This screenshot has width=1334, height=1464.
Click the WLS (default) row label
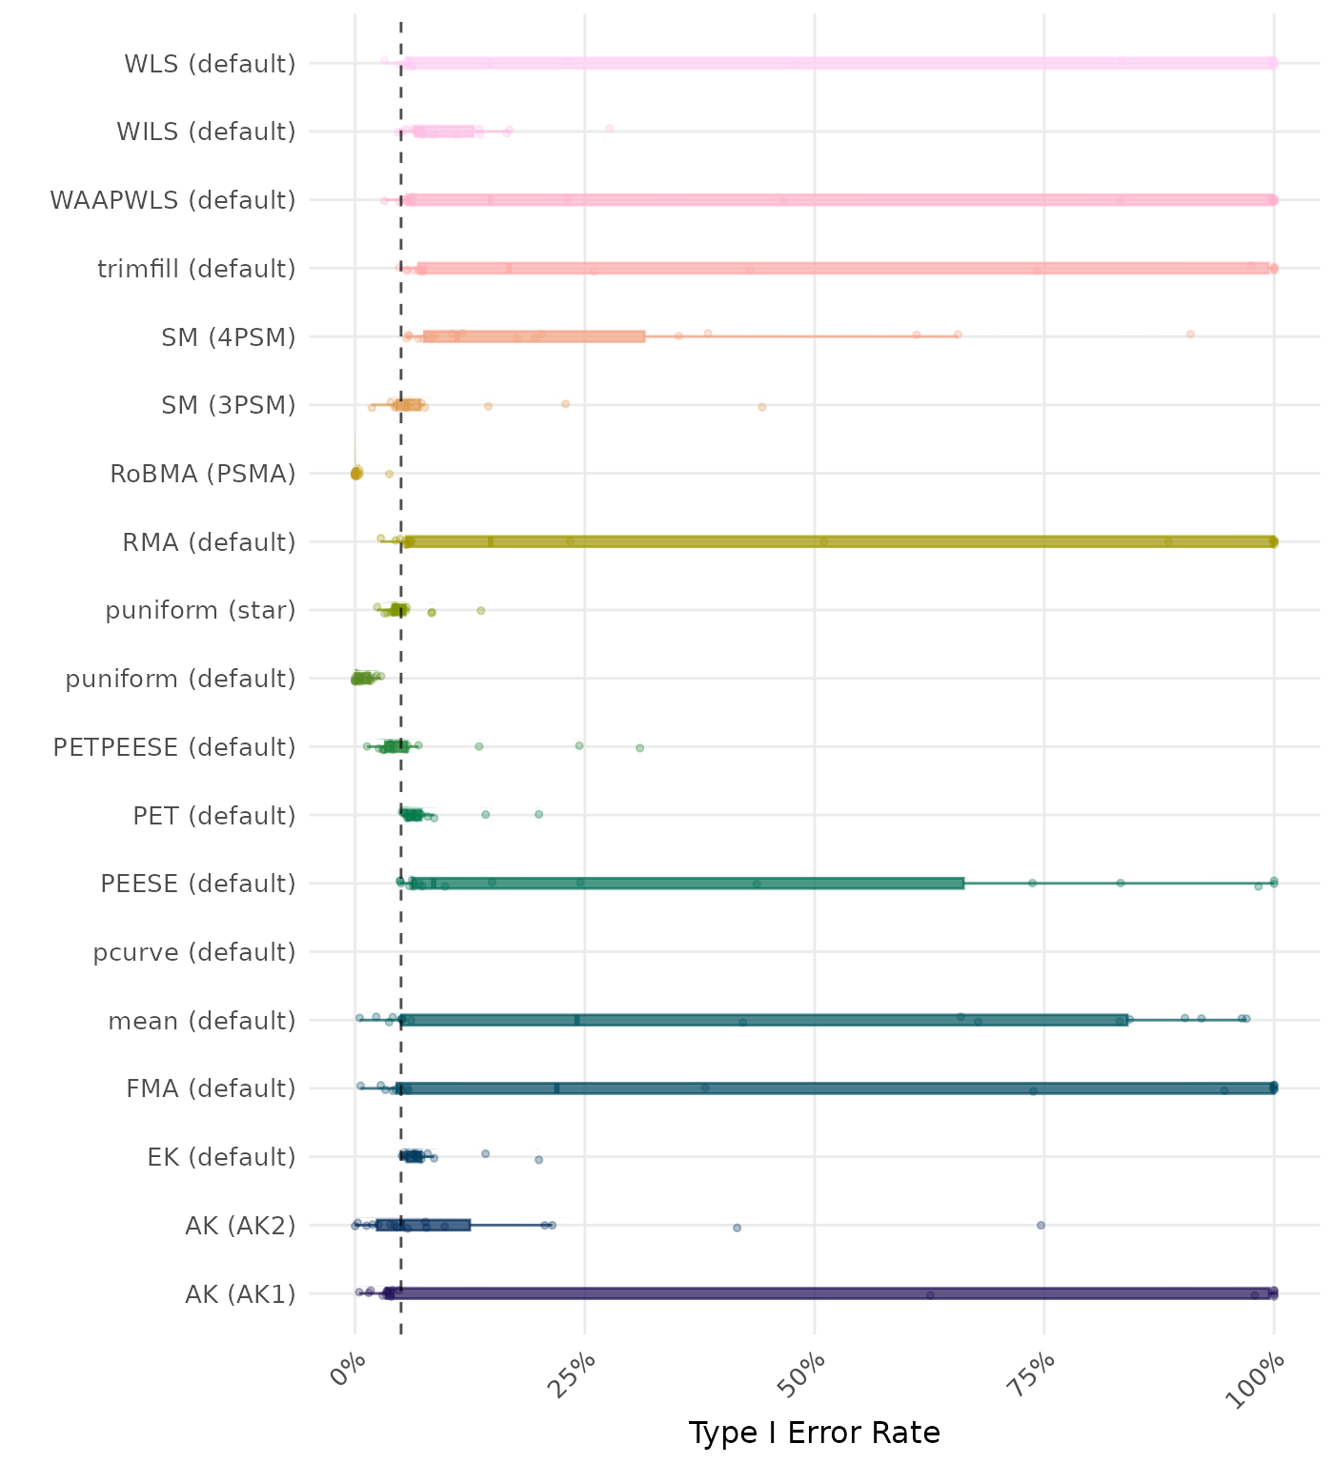210,64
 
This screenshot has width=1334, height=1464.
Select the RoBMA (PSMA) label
202,474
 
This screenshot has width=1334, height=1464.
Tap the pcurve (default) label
194,952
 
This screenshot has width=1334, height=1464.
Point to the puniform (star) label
200,610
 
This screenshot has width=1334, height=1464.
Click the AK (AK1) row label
240,1294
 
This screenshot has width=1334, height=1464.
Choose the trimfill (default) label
196,269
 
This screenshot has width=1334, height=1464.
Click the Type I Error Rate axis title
814,1433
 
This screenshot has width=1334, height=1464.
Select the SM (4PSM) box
534,336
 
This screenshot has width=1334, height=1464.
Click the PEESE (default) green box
686,884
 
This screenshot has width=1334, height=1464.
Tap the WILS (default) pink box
443,132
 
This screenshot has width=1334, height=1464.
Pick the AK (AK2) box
423,1225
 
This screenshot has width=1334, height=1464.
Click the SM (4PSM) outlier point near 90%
1190,334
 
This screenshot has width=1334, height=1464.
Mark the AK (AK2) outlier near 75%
1041,1225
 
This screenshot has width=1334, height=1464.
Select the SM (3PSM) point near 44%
762,407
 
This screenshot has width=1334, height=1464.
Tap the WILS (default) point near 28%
610,129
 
